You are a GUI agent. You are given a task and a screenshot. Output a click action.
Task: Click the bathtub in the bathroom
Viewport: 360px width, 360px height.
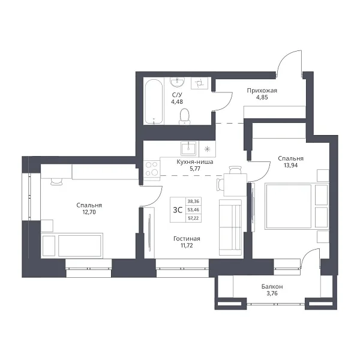[154, 101]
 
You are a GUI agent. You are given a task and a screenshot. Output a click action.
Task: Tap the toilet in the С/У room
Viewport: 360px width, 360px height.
[184, 116]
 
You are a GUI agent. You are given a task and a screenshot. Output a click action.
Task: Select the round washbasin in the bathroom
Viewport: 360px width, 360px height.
[177, 82]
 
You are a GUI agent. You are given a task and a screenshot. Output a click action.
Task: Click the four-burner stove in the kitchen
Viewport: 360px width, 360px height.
[152, 169]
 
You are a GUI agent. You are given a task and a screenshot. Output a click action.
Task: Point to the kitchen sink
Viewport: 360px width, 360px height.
[188, 148]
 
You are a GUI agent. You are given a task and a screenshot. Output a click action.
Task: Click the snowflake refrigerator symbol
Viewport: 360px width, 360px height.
[208, 149]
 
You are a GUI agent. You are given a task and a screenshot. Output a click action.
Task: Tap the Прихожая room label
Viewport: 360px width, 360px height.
[262, 91]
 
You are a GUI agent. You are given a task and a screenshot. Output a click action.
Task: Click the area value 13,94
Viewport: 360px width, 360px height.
[290, 165]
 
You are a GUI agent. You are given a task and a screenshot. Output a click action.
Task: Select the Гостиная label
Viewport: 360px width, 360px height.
[187, 239]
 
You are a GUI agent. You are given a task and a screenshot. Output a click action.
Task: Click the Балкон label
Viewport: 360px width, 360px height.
[272, 286]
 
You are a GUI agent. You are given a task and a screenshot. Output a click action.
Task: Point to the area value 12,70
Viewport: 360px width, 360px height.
[89, 212]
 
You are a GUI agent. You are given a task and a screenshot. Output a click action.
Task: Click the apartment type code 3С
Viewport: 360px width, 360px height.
[178, 210]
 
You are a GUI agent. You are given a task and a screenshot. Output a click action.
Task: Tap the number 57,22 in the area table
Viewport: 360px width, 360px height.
[193, 218]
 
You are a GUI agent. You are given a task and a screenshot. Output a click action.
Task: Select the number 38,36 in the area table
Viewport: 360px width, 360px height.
[193, 202]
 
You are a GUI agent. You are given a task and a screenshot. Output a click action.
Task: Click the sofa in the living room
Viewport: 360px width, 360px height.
[230, 227]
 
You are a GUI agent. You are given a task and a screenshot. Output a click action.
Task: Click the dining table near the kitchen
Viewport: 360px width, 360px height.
[235, 185]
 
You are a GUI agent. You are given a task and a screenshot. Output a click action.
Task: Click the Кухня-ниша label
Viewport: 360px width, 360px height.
[195, 162]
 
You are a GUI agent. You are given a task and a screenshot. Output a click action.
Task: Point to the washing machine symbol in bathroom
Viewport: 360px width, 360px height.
[199, 83]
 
